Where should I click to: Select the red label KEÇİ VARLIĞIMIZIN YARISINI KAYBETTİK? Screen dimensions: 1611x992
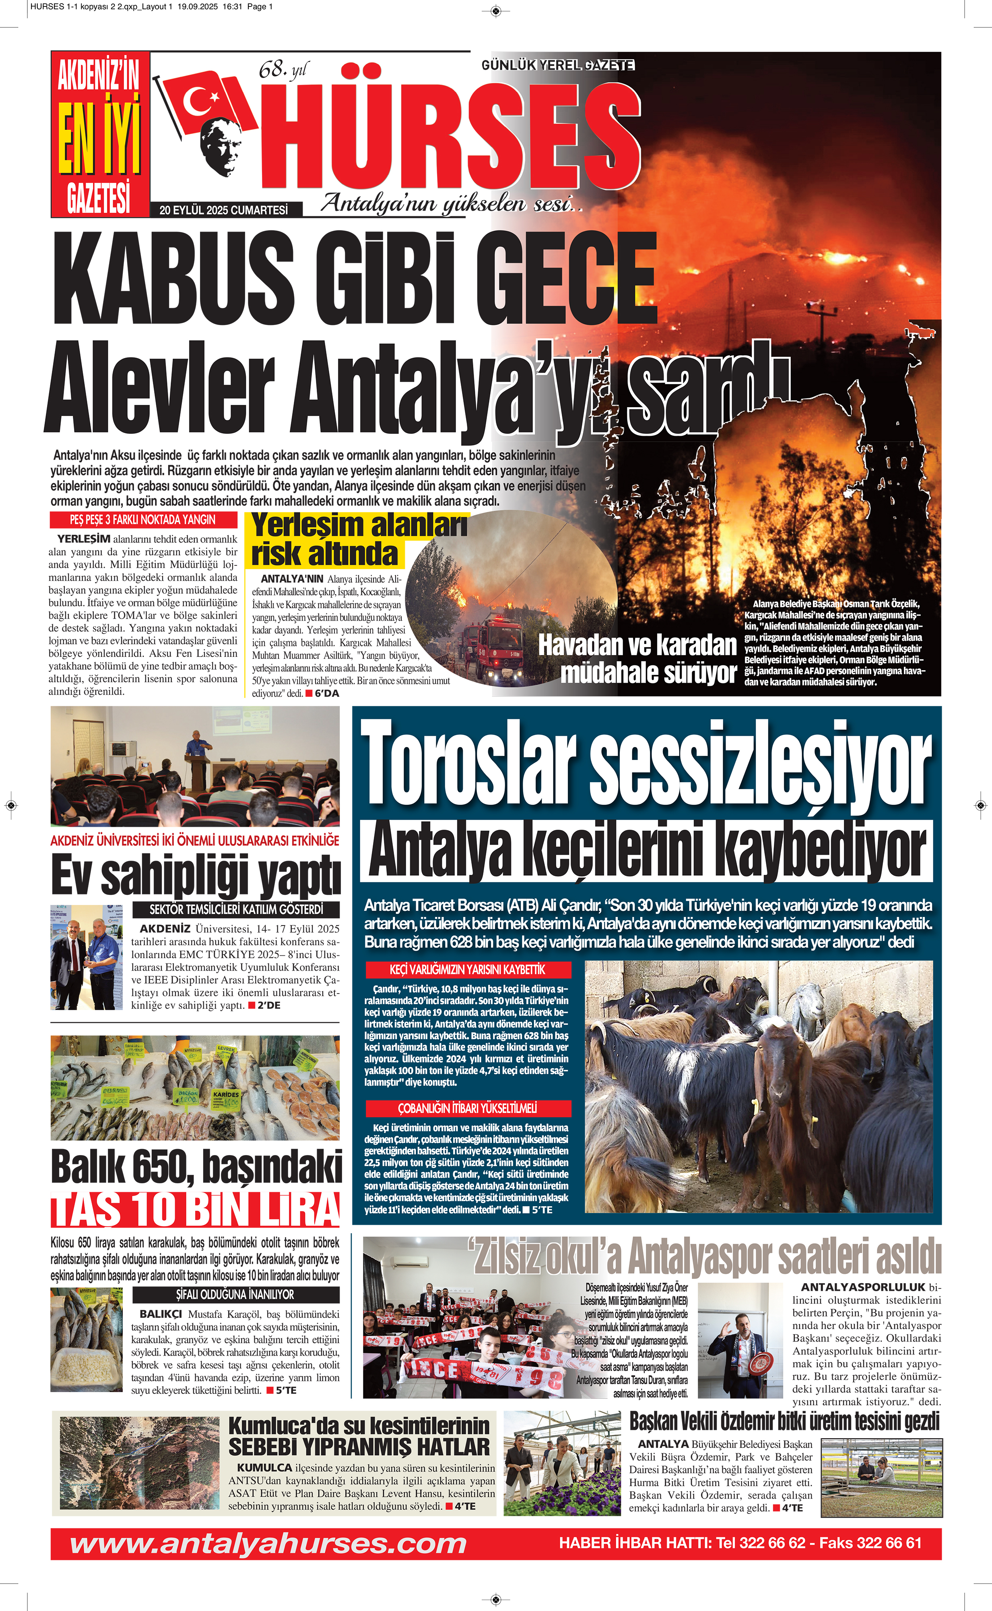(467, 969)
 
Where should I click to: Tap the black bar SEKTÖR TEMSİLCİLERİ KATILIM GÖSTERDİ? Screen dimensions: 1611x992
(235, 910)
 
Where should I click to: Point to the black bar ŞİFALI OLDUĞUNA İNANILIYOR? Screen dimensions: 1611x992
(235, 1294)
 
